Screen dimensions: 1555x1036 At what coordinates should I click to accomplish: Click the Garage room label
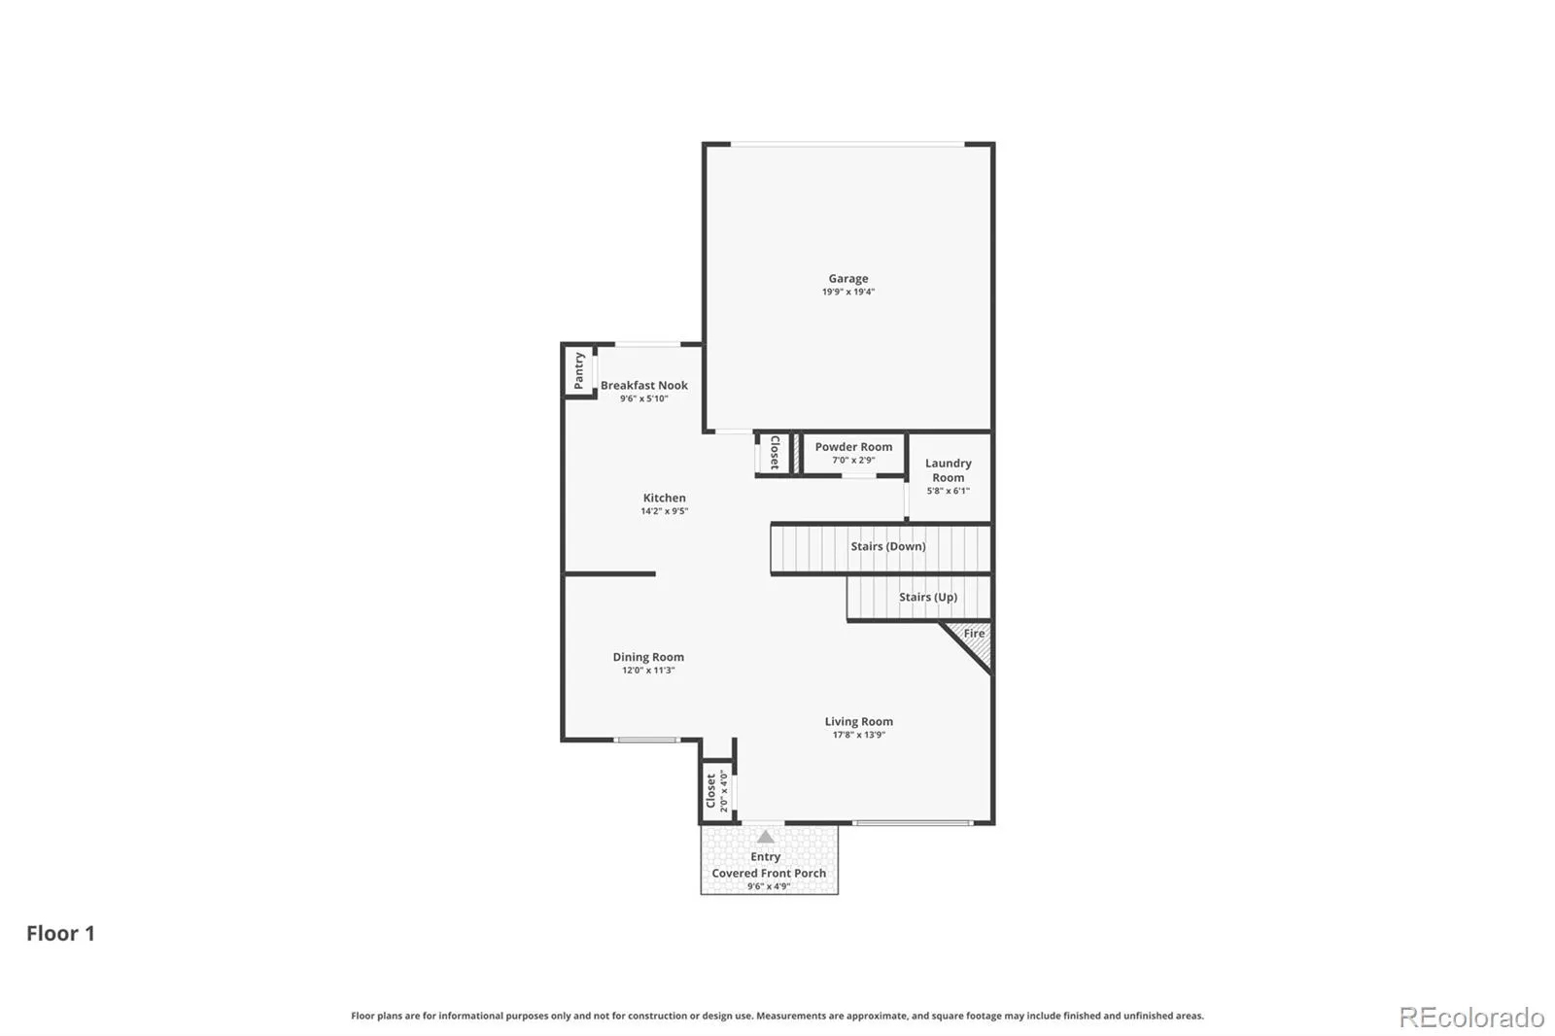pyautogui.click(x=847, y=279)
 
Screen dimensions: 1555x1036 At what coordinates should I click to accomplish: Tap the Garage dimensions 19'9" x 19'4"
pyautogui.click(x=847, y=292)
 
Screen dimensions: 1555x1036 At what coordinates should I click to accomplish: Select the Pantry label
pyautogui.click(x=579, y=371)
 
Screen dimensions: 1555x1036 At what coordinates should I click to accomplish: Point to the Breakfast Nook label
pyautogui.click(x=644, y=386)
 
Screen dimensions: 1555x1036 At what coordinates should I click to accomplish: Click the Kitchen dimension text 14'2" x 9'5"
pyautogui.click(x=665, y=511)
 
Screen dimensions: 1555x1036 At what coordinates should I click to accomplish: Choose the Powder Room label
pyautogui.click(x=853, y=446)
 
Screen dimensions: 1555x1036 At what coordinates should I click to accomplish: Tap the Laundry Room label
pyautogui.click(x=949, y=470)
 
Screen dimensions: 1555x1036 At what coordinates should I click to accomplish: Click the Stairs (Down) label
pyautogui.click(x=888, y=546)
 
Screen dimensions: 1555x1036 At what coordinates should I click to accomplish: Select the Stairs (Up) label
pyautogui.click(x=927, y=597)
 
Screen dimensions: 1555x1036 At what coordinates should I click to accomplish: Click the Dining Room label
pyautogui.click(x=647, y=657)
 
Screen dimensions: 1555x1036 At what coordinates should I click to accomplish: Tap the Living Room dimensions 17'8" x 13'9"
pyautogui.click(x=859, y=735)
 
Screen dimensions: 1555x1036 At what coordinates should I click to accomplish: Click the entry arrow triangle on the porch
pyautogui.click(x=765, y=837)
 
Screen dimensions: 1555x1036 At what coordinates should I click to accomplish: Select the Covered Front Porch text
pyautogui.click(x=769, y=873)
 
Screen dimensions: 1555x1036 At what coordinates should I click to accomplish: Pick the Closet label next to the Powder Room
pyautogui.click(x=775, y=453)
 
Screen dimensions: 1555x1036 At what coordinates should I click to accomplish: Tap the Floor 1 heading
pyautogui.click(x=60, y=933)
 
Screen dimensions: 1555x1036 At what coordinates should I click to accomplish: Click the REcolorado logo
pyautogui.click(x=1471, y=1018)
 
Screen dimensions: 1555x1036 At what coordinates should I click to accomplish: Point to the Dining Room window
pyautogui.click(x=647, y=740)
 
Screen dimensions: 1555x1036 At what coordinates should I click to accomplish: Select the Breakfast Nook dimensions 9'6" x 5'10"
pyautogui.click(x=644, y=398)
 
